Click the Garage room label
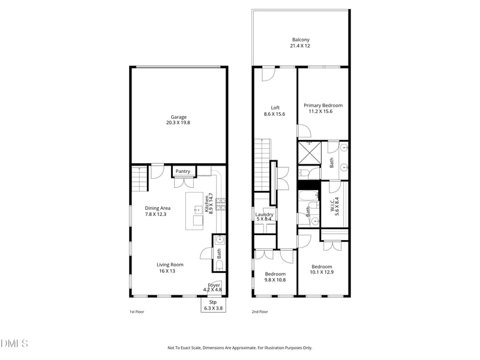coord(178,120)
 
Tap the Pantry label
coord(183,172)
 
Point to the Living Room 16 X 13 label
coord(170,268)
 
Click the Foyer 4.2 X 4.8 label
coord(214,287)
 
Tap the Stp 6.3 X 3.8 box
coord(212,305)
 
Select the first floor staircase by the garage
coord(139,178)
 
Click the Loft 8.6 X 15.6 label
coord(275,111)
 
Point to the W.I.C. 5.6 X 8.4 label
coord(335,206)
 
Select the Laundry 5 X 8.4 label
coord(264,217)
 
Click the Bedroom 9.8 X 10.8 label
coord(275,277)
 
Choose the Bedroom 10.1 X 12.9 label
coord(322,269)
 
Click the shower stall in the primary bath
coord(310,153)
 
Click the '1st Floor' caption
coord(137,312)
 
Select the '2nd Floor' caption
coord(259,312)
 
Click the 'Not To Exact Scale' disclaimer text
coord(239,347)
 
